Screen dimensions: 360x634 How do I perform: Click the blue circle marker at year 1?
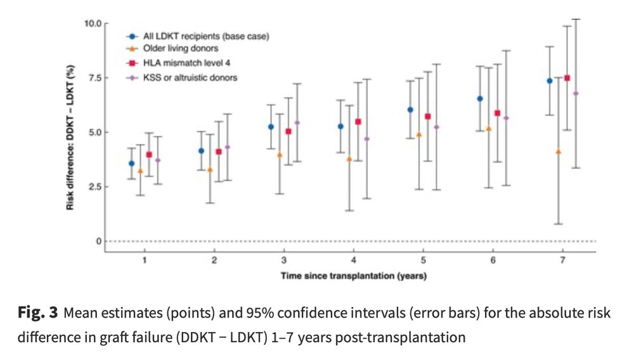pos(131,164)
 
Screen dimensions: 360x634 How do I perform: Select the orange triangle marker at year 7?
pos(558,152)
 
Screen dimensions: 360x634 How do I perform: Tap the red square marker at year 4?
pos(358,122)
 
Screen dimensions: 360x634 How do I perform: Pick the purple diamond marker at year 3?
pos(297,122)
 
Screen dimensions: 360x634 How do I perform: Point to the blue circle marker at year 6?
pos(480,99)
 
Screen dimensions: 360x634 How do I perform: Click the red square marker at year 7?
pos(567,78)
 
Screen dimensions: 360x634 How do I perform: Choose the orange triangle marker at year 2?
pos(210,170)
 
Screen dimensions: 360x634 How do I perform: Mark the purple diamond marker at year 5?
pos(436,127)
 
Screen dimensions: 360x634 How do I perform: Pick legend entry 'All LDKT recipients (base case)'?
pos(202,37)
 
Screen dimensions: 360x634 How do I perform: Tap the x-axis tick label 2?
pos(214,260)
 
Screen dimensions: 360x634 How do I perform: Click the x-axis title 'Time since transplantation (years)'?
pos(353,276)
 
